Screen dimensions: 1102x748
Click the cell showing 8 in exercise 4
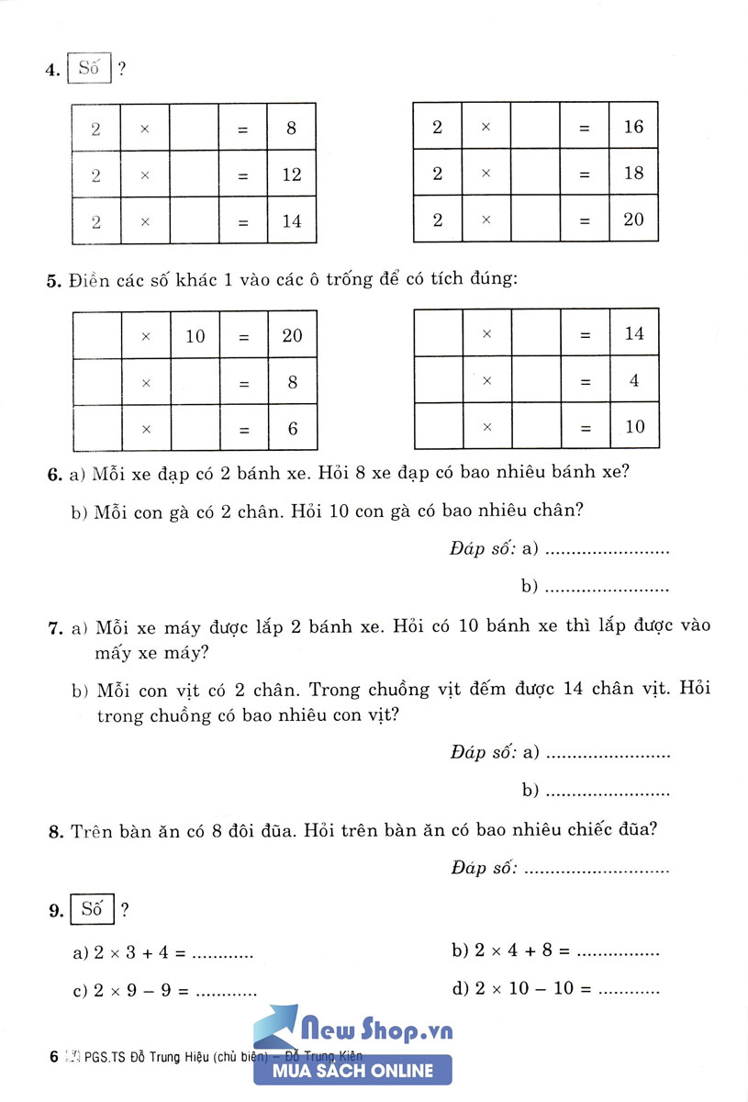point(292,129)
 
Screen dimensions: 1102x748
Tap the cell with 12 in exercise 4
point(292,174)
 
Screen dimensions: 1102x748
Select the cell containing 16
point(633,127)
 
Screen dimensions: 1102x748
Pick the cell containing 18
point(633,173)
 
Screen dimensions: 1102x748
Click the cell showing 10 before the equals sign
point(195,336)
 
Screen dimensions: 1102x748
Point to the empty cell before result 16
point(535,127)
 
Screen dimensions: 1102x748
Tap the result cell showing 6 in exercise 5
point(292,429)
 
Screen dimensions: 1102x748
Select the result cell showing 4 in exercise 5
point(634,380)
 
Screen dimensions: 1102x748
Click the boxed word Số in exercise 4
point(88,69)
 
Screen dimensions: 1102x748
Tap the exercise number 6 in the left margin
point(53,476)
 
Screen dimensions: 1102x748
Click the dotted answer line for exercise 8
point(597,868)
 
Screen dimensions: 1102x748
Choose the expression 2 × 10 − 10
point(520,990)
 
